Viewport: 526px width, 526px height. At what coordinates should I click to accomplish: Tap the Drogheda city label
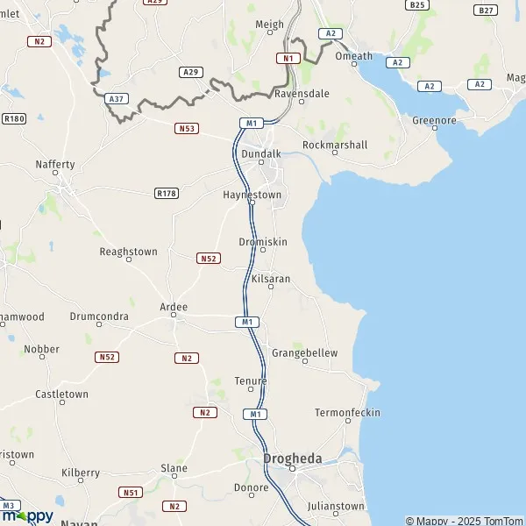(x=294, y=458)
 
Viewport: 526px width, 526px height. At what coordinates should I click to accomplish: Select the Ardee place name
(x=174, y=307)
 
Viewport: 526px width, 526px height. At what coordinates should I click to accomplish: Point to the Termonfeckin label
(x=347, y=412)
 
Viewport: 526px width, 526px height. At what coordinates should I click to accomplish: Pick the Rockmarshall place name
(x=335, y=145)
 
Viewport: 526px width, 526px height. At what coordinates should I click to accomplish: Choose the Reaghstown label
(x=129, y=252)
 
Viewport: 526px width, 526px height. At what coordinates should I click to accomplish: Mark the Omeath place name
(x=354, y=56)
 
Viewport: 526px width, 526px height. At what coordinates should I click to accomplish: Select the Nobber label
(x=42, y=348)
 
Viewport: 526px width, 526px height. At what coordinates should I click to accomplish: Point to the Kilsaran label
(x=271, y=279)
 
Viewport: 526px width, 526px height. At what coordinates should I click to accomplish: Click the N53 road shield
(x=187, y=129)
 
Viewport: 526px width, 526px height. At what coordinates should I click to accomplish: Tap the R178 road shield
(x=166, y=193)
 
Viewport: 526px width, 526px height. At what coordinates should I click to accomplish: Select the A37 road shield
(x=115, y=99)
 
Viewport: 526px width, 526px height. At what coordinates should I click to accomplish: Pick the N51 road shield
(x=131, y=493)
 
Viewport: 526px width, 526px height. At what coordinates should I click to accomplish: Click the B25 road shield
(x=417, y=5)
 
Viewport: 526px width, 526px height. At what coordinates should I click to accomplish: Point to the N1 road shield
(x=288, y=58)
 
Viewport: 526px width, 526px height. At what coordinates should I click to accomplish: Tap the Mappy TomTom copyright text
(x=464, y=521)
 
